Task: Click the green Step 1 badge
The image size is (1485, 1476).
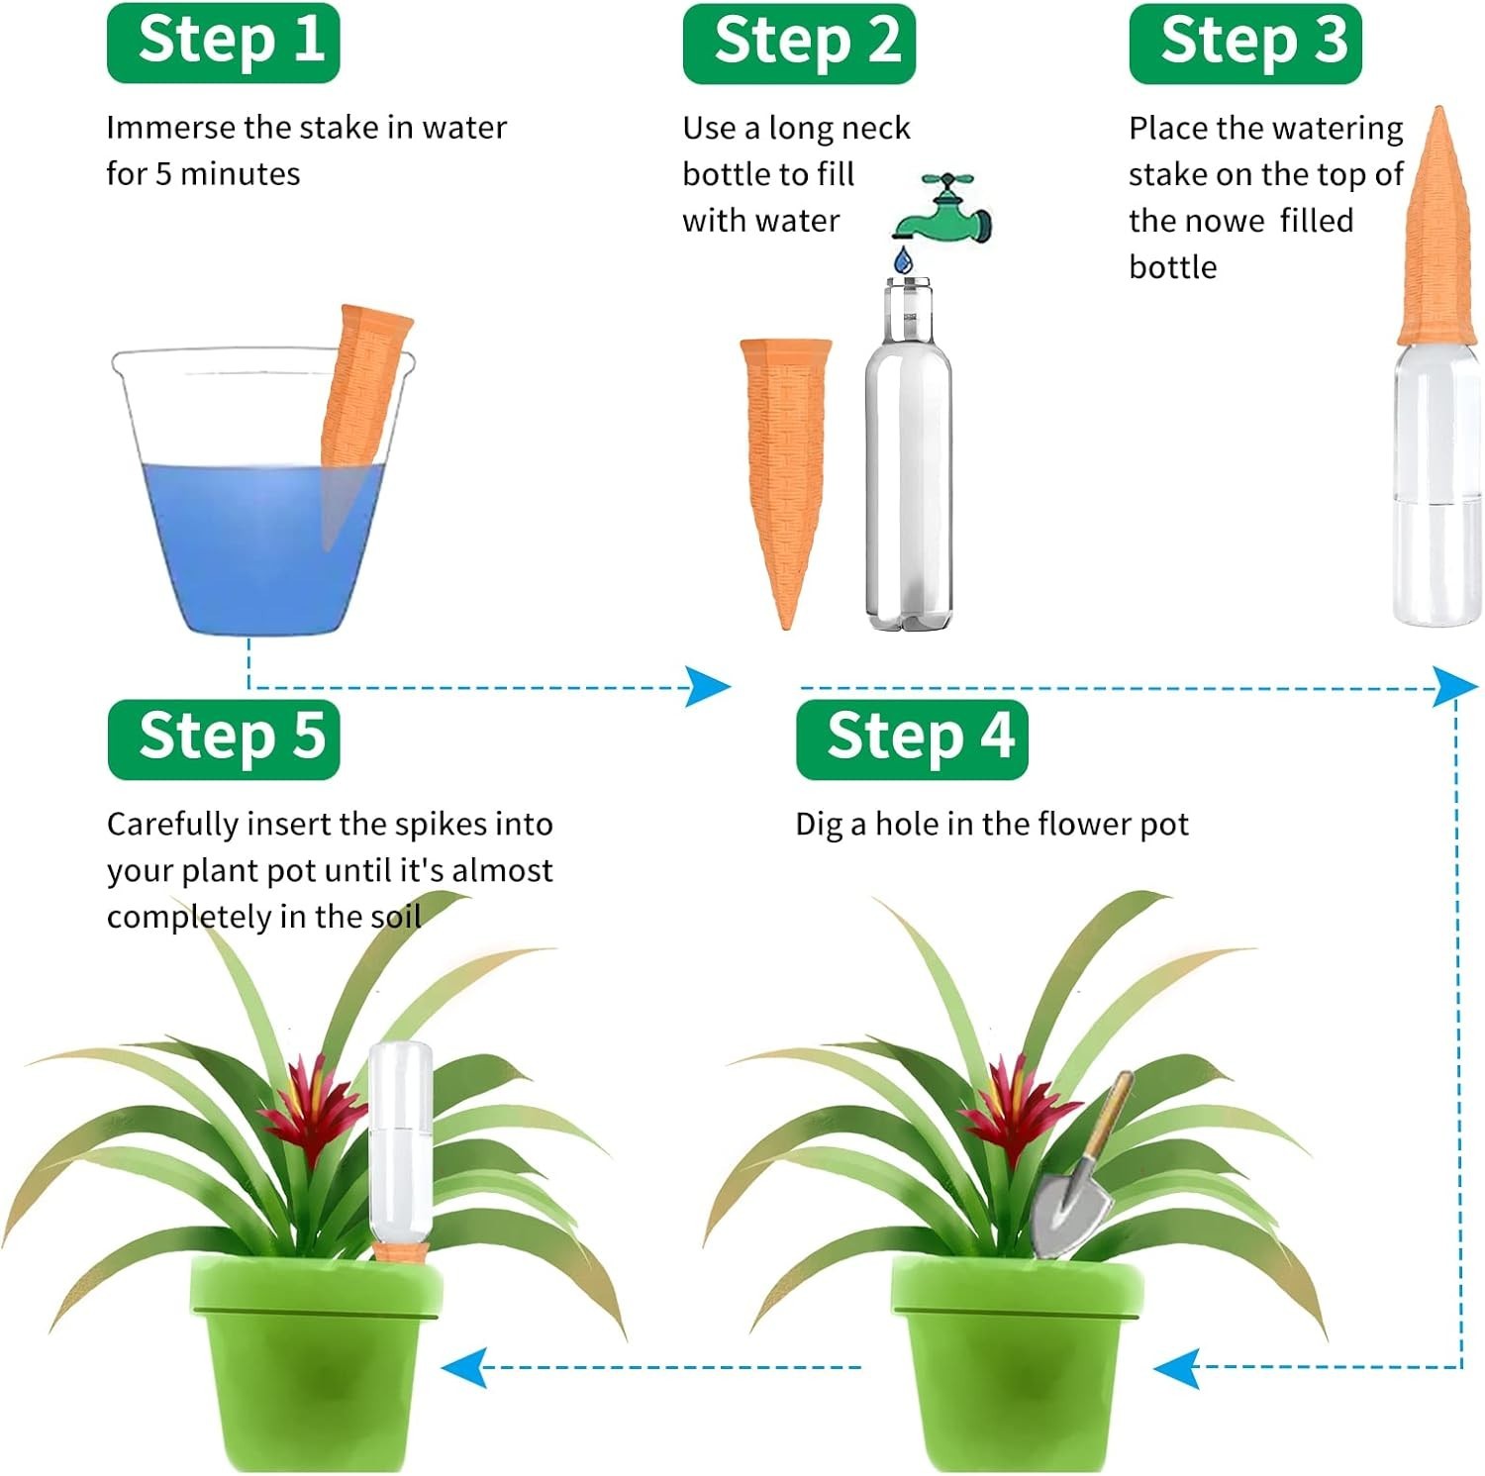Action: click(223, 43)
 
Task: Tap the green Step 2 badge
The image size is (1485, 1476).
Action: click(799, 43)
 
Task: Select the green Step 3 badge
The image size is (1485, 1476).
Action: click(1245, 43)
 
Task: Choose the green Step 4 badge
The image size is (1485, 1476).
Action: click(912, 738)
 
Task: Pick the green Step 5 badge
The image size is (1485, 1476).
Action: click(223, 738)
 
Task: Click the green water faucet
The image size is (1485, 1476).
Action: click(944, 210)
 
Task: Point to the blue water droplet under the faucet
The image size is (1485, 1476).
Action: click(903, 261)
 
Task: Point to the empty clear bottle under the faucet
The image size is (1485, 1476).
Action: click(908, 465)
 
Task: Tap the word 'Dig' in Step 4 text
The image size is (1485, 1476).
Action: click(818, 825)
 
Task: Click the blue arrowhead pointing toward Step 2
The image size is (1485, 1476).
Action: click(709, 686)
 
